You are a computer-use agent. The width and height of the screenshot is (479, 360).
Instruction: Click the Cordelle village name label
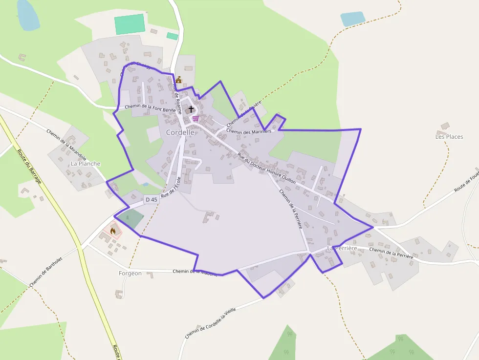tap(180, 132)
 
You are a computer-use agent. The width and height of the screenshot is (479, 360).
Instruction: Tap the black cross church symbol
tap(191, 109)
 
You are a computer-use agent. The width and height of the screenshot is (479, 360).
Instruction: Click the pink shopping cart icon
tap(196, 118)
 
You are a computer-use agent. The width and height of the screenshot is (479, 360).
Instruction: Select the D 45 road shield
tap(152, 199)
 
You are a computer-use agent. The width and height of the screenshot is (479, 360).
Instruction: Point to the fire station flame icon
tap(113, 231)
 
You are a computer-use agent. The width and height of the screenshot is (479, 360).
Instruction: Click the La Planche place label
tap(86, 164)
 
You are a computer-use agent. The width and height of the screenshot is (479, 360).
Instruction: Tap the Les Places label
tap(449, 137)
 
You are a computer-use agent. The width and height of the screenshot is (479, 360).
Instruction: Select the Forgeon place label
tap(130, 274)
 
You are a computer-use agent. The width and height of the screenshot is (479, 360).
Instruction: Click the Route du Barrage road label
tap(30, 167)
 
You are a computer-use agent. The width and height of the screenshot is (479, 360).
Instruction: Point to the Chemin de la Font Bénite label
tap(150, 108)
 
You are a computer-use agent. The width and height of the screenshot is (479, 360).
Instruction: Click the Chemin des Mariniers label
tap(249, 131)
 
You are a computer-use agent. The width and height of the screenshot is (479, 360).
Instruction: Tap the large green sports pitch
tap(130, 24)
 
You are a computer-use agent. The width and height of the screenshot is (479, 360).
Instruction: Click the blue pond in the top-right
tap(352, 19)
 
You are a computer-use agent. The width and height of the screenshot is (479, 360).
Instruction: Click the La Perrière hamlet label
tap(342, 248)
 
